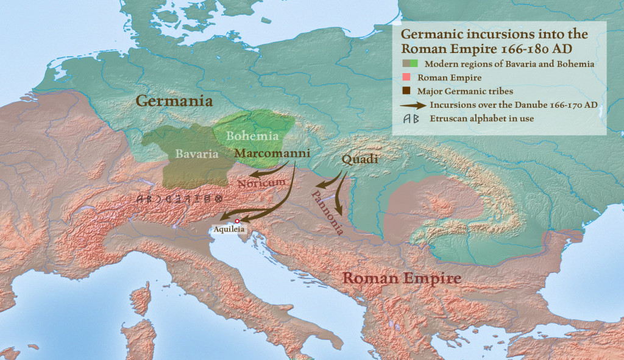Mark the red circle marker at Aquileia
(237, 221)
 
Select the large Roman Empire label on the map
(400, 278)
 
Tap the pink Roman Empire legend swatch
(405, 78)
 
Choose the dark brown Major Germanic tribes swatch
(405, 91)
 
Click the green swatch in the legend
(414, 64)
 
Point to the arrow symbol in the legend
(412, 105)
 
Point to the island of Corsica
(141, 298)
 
